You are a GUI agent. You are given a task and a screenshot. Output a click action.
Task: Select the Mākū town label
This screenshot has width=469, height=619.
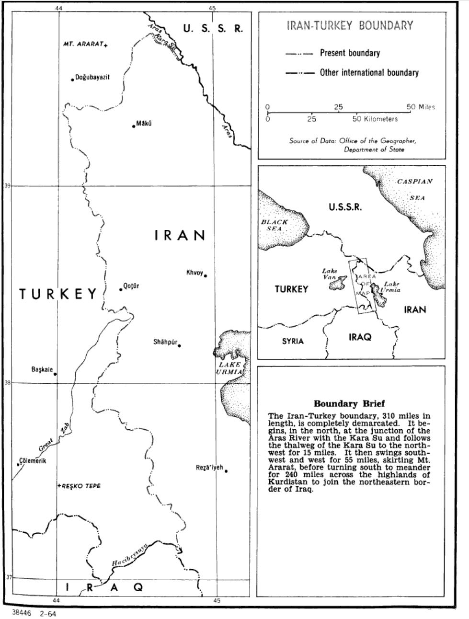click(144, 124)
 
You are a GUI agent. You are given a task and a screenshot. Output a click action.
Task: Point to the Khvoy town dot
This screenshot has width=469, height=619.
click(206, 275)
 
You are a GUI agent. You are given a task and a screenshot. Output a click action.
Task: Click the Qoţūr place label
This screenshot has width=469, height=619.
click(131, 287)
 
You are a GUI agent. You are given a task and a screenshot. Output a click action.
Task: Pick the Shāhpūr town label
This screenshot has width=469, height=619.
click(165, 343)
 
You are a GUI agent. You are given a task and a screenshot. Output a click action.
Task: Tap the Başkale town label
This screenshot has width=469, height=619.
click(42, 369)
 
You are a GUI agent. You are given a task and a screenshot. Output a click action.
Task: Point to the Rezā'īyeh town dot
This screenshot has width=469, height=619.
click(226, 471)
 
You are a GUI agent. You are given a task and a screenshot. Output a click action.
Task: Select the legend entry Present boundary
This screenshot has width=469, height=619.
click(350, 53)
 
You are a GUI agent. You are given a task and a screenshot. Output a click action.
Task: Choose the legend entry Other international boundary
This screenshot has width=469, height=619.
click(369, 73)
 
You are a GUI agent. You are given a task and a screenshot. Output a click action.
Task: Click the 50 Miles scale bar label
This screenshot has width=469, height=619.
click(421, 107)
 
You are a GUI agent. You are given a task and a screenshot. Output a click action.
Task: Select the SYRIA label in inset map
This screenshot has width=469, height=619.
click(293, 341)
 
